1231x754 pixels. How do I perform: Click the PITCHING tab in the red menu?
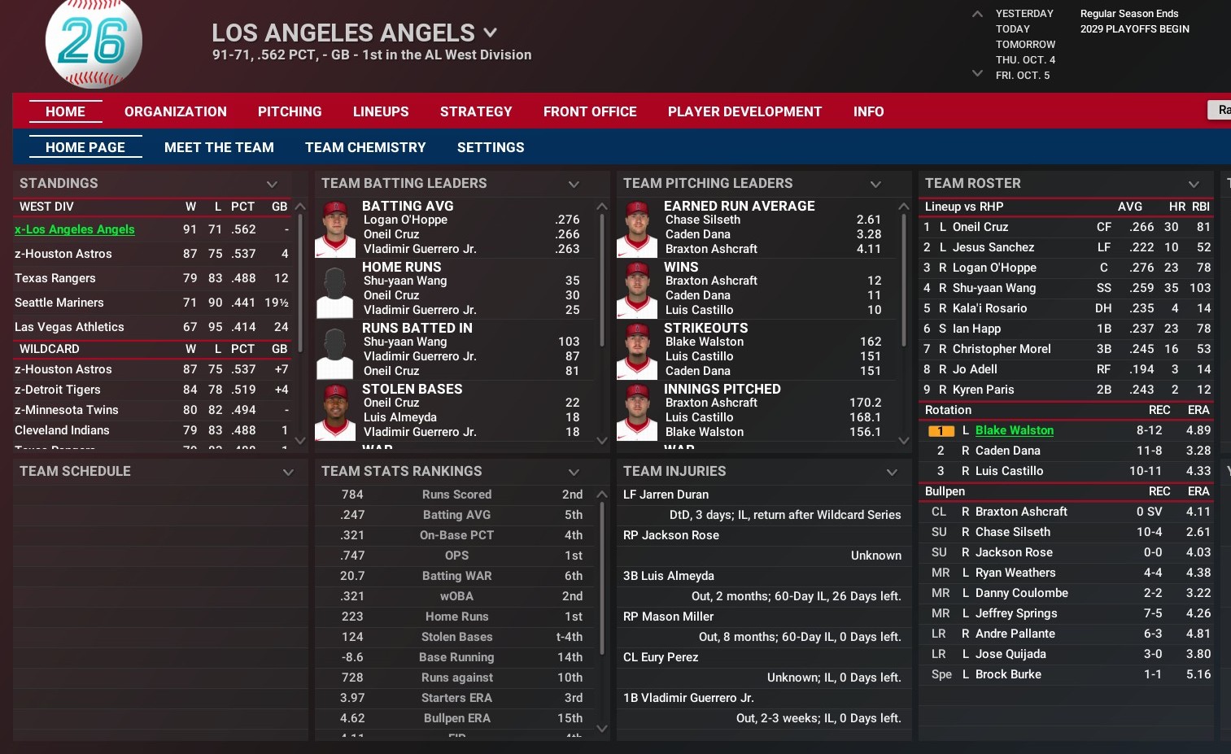pyautogui.click(x=290, y=111)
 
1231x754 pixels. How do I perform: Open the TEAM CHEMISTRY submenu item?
pyautogui.click(x=365, y=147)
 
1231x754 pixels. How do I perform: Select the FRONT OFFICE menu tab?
pyautogui.click(x=590, y=111)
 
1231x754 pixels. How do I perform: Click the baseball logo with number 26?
pyautogui.click(x=94, y=42)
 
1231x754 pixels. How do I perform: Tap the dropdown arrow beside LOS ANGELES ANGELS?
pyautogui.click(x=490, y=33)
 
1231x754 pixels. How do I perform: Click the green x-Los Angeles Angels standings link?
pyautogui.click(x=75, y=229)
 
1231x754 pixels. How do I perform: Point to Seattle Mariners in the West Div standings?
pyautogui.click(x=59, y=303)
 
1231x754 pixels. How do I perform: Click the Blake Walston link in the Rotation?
pyautogui.click(x=1014, y=430)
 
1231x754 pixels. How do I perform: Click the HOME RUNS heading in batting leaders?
pyautogui.click(x=401, y=267)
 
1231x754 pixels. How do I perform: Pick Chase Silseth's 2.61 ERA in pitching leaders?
pyautogui.click(x=868, y=220)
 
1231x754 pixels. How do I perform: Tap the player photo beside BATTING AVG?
pyautogui.click(x=334, y=229)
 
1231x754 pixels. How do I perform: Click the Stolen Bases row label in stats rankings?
pyautogui.click(x=456, y=637)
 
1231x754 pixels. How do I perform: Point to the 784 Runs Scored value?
pyautogui.click(x=352, y=495)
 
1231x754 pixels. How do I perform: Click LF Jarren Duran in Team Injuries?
pyautogui.click(x=666, y=495)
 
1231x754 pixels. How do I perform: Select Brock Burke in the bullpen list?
pyautogui.click(x=1008, y=674)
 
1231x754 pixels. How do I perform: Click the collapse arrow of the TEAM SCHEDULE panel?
pyautogui.click(x=288, y=472)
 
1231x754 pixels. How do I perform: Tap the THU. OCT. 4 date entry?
pyautogui.click(x=1025, y=59)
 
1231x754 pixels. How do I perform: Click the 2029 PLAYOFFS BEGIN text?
pyautogui.click(x=1134, y=29)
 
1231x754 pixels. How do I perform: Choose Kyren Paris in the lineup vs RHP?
pyautogui.click(x=983, y=390)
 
